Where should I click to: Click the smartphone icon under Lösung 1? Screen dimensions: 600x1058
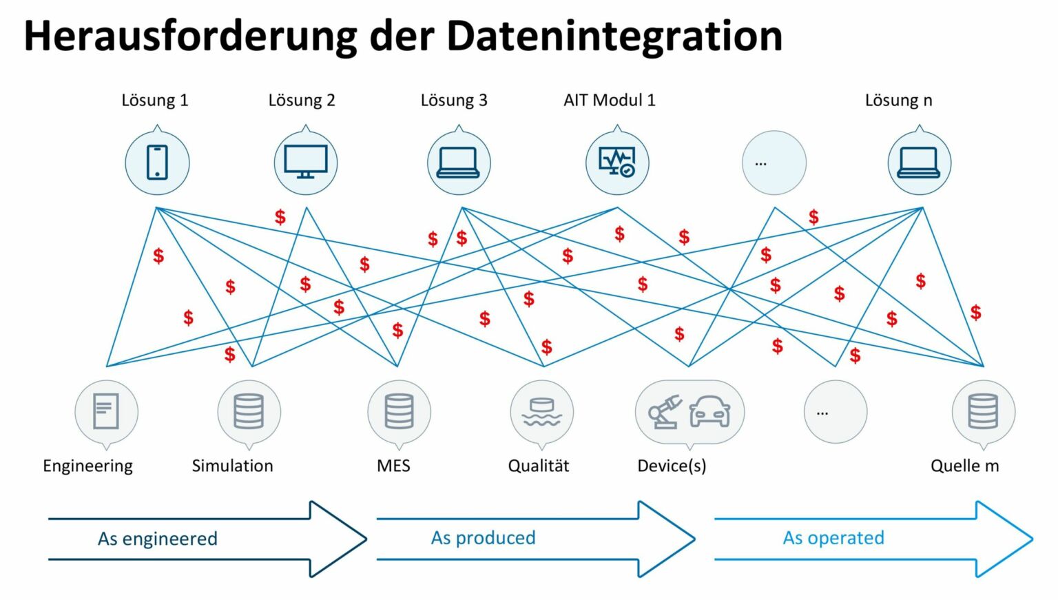157,163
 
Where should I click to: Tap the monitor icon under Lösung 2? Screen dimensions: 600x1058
306,163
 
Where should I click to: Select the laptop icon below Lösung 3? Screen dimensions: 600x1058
459,163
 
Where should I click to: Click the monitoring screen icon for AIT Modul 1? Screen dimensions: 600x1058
617,163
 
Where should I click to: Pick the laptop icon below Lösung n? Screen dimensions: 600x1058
920,163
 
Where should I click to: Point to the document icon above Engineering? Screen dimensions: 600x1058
106,411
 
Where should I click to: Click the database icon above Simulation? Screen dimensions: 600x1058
249,411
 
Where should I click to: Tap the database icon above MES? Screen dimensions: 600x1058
399,411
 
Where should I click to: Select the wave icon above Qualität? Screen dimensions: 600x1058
541,412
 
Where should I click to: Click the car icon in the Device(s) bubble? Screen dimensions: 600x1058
709,411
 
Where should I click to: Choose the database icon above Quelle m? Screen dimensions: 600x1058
983,411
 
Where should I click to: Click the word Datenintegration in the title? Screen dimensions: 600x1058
614,36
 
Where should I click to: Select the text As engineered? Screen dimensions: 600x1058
158,539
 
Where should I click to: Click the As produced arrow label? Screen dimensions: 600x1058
483,538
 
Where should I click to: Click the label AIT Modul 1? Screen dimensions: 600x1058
610,101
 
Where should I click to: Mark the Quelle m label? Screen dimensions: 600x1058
964,466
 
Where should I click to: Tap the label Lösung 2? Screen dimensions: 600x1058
302,101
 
